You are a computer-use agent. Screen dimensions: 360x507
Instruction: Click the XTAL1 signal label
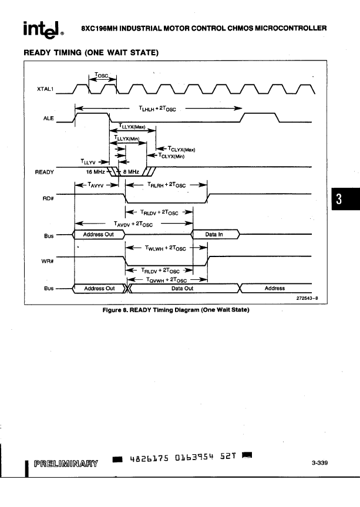click(45, 89)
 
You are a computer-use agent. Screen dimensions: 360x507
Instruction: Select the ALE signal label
click(49, 119)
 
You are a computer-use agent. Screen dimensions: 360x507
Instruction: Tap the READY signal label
click(45, 172)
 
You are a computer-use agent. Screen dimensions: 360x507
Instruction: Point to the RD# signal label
click(48, 198)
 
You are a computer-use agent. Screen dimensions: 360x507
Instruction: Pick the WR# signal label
click(48, 261)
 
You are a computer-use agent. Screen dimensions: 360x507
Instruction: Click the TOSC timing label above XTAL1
click(102, 75)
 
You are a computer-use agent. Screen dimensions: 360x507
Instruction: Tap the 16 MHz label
click(95, 172)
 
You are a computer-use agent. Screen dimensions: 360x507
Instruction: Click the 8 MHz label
click(131, 172)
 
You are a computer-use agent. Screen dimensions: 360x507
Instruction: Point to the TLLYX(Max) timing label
click(132, 126)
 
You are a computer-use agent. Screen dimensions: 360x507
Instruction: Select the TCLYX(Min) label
click(171, 156)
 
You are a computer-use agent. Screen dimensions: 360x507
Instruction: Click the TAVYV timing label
click(96, 185)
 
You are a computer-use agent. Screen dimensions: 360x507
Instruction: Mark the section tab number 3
click(339, 199)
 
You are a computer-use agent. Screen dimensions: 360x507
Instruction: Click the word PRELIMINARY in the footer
click(66, 464)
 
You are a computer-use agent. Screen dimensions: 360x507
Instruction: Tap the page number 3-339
click(320, 463)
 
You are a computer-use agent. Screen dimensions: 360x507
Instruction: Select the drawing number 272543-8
click(307, 298)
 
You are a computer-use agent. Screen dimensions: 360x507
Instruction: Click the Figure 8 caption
click(176, 310)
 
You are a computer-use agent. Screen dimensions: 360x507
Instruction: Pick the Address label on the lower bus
click(274, 288)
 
